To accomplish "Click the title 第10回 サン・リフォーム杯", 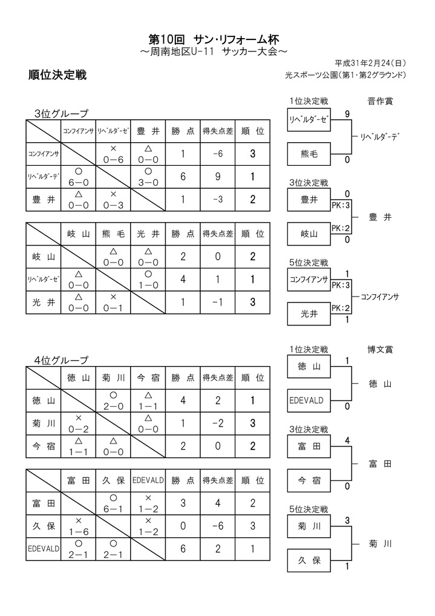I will (x=217, y=39).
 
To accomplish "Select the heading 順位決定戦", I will (x=57, y=76).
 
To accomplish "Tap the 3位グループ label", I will (x=61, y=113).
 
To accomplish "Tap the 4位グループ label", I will (x=61, y=360).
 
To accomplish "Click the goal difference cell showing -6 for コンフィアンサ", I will (x=218, y=154).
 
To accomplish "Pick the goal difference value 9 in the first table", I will (x=218, y=176).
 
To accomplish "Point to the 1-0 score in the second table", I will (x=148, y=280).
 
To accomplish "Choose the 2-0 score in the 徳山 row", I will (x=113, y=401).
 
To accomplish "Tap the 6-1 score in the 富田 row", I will (x=113, y=503).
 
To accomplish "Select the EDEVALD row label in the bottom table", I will (x=43, y=549).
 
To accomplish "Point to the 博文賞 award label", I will (x=379, y=349).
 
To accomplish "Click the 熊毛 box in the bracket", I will (x=309, y=154).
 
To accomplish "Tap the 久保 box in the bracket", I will (x=309, y=561).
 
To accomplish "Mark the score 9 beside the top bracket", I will (x=347, y=113).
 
